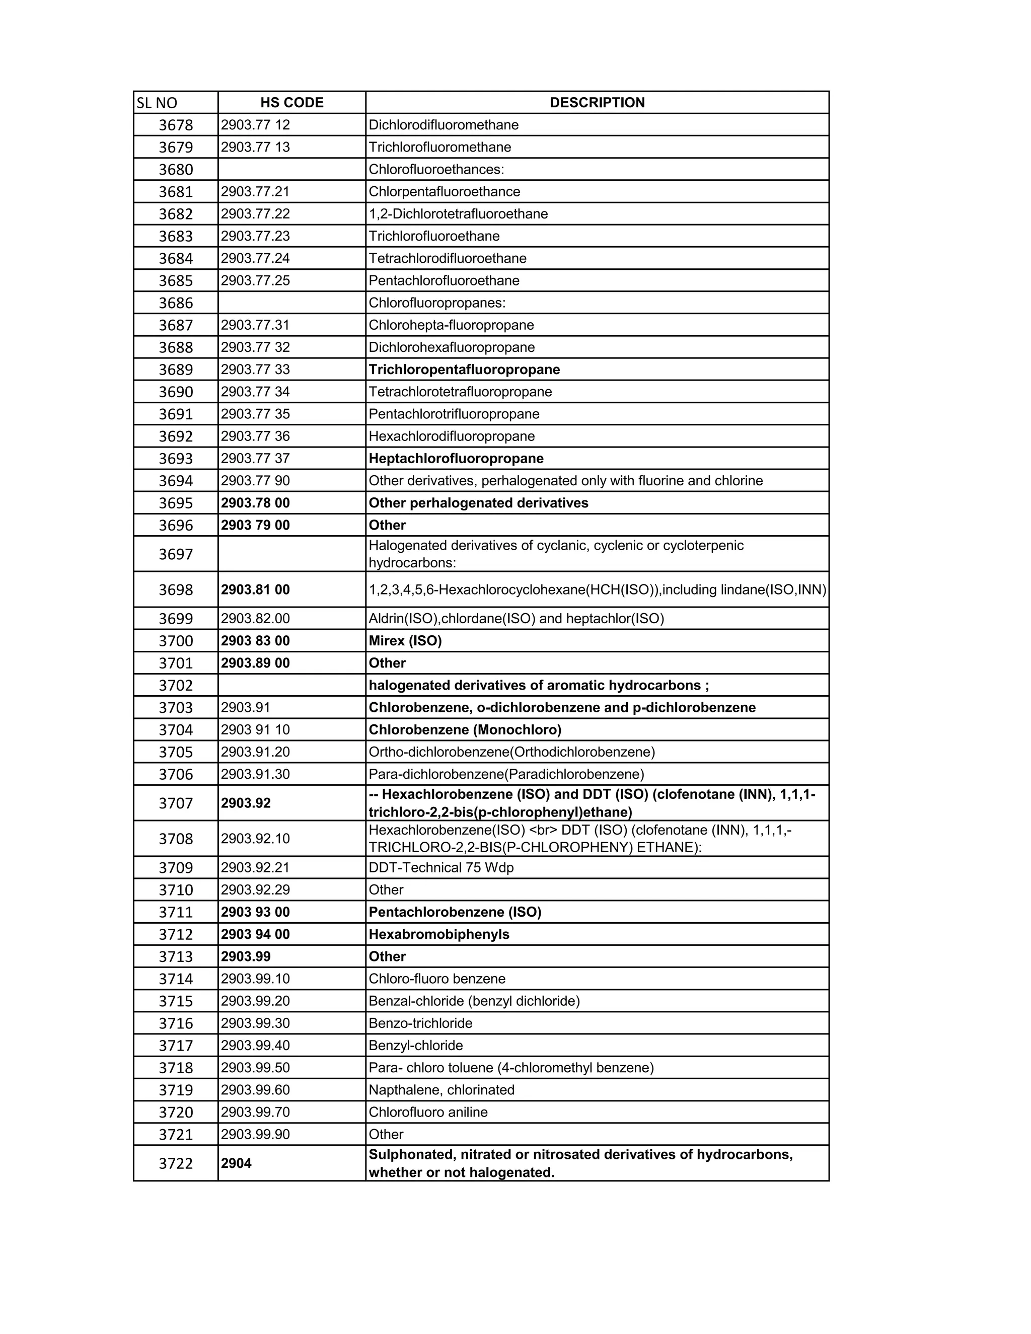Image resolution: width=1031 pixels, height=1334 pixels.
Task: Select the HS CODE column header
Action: (x=291, y=103)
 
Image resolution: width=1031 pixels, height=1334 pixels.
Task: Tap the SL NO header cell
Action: (x=157, y=103)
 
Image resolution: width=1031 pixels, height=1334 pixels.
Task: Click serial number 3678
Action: (x=176, y=125)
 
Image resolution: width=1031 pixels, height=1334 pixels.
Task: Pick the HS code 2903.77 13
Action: (x=255, y=147)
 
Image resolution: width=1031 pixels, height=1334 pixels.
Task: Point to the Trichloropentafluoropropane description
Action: (x=464, y=369)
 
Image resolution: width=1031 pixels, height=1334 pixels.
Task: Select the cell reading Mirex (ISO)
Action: (x=405, y=641)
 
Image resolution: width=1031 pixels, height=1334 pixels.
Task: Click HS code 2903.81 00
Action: (x=255, y=590)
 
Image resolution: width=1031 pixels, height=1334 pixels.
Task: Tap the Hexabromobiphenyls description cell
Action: (x=438, y=934)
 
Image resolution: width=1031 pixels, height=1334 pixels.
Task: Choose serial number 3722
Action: (x=176, y=1163)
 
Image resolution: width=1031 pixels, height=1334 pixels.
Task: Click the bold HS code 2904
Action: (x=237, y=1163)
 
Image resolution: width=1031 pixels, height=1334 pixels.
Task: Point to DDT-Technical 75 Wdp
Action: (x=441, y=868)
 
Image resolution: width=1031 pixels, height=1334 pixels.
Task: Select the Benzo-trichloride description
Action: (x=420, y=1023)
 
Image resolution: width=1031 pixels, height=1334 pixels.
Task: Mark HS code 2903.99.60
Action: (x=255, y=1090)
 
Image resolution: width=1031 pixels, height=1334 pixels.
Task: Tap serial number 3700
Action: (x=176, y=641)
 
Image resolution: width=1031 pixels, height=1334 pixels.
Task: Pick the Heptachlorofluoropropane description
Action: (x=456, y=459)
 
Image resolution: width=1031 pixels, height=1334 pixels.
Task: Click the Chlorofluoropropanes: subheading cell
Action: (x=436, y=303)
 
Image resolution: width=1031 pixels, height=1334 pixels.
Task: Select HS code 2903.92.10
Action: (x=255, y=839)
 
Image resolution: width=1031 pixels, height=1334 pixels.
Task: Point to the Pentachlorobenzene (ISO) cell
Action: (x=455, y=913)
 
